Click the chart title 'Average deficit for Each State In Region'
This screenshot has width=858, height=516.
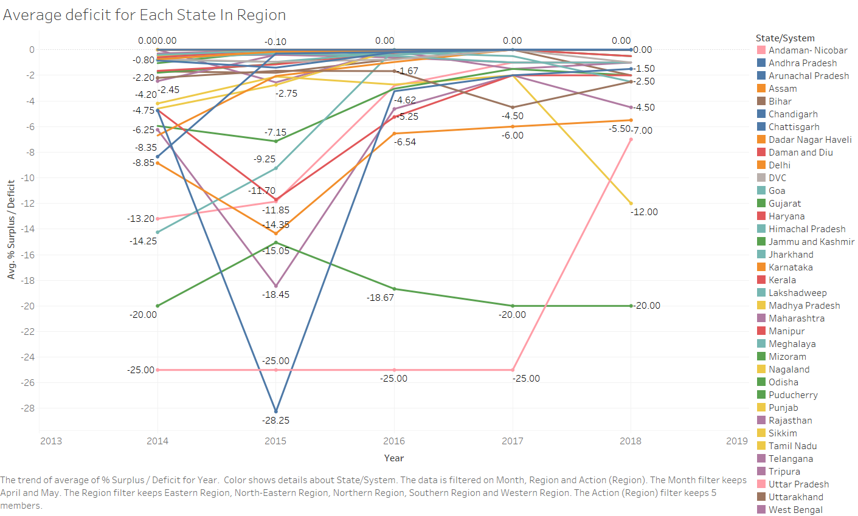(144, 15)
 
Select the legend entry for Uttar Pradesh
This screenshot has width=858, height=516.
(798, 484)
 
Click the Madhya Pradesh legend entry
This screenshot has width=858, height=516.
(804, 306)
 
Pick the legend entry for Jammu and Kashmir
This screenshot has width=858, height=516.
(811, 242)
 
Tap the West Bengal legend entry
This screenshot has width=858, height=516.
(795, 510)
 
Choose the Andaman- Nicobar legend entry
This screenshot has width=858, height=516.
(808, 50)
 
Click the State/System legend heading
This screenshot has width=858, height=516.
(785, 38)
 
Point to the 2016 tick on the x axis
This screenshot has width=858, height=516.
(394, 441)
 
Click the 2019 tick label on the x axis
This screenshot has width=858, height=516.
(736, 441)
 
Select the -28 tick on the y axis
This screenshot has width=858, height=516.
(28, 408)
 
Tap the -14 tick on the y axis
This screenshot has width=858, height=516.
(28, 229)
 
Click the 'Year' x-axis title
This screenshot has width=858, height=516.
(394, 458)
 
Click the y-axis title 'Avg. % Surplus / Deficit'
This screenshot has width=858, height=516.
(11, 229)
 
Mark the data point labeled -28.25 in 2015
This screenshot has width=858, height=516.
(276, 411)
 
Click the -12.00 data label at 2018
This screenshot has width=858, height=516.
(644, 212)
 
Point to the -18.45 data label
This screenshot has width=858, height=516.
(275, 295)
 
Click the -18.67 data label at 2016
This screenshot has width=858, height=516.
(380, 298)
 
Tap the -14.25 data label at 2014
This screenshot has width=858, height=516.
(144, 241)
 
